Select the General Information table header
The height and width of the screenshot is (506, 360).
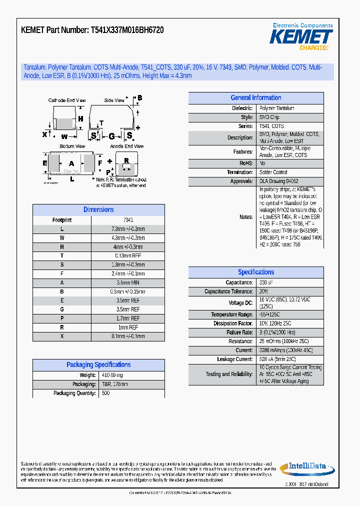[x=255, y=98]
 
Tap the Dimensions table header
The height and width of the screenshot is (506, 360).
[x=98, y=210]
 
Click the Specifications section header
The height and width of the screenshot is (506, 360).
[x=255, y=272]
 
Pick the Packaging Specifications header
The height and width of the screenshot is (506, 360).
[x=98, y=365]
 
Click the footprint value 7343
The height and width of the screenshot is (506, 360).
[x=128, y=220]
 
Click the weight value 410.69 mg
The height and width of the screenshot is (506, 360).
[x=112, y=375]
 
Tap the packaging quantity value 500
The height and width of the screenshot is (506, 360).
[x=106, y=393]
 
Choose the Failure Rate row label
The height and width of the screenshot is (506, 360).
[x=239, y=332]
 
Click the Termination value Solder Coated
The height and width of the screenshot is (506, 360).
[x=273, y=172]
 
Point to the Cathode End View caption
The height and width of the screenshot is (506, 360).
[x=67, y=100]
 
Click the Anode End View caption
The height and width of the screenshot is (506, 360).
[x=127, y=146]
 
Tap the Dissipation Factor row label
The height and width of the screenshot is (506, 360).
[x=233, y=323]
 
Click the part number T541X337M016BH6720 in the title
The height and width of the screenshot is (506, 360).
[x=127, y=30]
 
